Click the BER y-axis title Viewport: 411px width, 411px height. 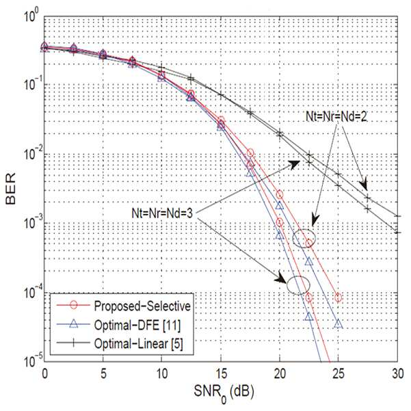coord(11,189)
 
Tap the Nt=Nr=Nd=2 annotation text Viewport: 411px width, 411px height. coord(336,117)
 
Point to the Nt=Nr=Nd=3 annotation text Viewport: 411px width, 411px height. coord(162,213)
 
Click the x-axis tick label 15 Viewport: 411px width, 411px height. coord(221,374)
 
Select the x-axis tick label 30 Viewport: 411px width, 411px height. coord(398,374)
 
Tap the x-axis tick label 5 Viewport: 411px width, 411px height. coord(103,374)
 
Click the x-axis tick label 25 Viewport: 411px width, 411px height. coord(339,374)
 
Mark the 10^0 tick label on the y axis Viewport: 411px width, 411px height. coord(31,16)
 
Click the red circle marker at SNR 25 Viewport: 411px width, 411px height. coord(339,297)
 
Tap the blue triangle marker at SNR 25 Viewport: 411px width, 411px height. coord(339,324)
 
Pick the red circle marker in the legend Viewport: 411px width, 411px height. coord(74,306)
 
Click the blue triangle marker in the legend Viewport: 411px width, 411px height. coord(74,324)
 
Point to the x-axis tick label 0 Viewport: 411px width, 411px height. coord(44,374)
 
